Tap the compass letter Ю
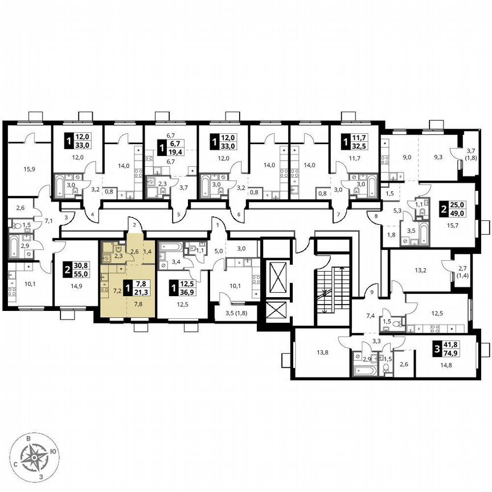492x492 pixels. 53,451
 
